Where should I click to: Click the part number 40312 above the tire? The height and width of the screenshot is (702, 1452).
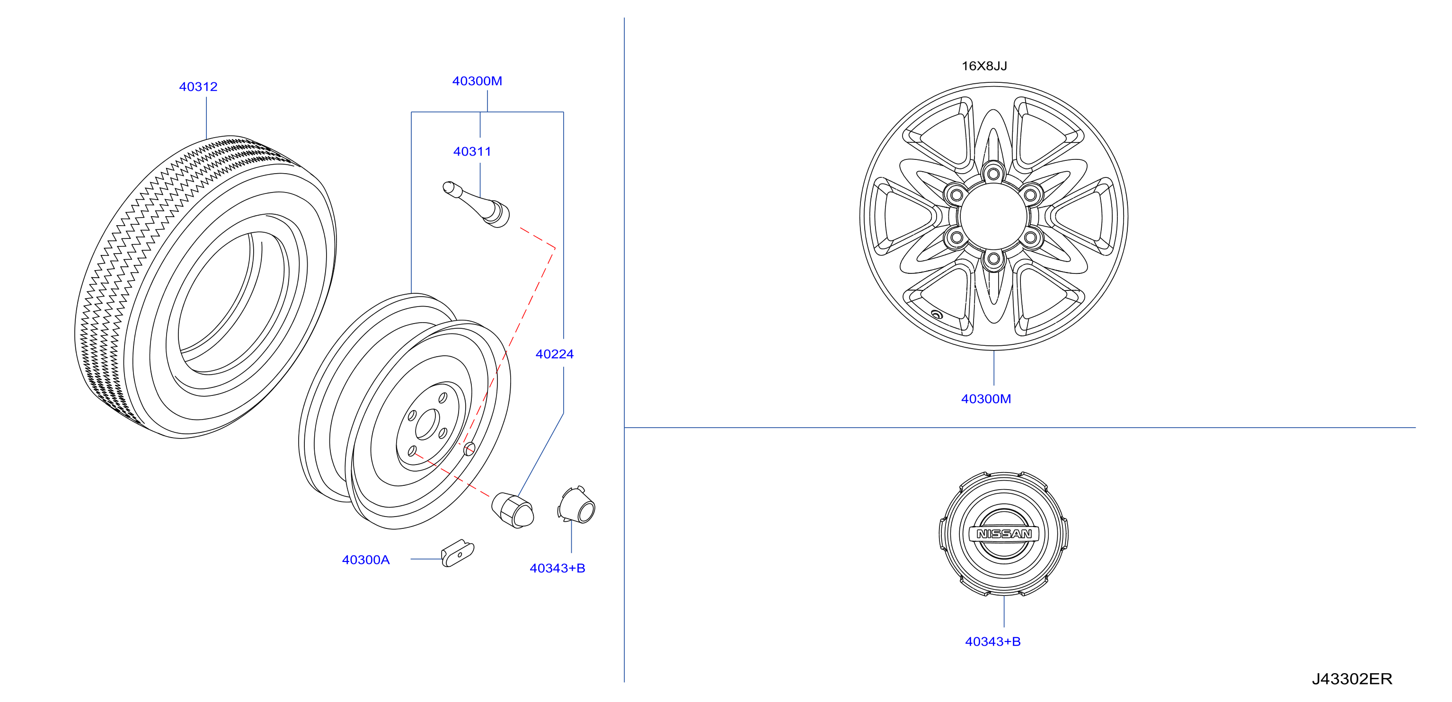point(198,87)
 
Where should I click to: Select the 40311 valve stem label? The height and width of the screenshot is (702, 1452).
point(472,151)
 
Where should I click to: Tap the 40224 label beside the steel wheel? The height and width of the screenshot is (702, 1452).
point(554,354)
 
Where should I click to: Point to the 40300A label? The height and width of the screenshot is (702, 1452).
point(365,560)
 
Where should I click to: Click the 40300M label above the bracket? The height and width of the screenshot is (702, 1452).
point(477,81)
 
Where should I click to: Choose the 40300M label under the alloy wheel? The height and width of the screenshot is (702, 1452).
point(986,399)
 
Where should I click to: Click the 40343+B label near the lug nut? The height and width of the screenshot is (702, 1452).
point(557,568)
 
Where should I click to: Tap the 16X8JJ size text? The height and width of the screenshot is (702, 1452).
point(984,66)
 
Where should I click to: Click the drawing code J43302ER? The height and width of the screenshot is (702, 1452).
point(1352,679)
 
